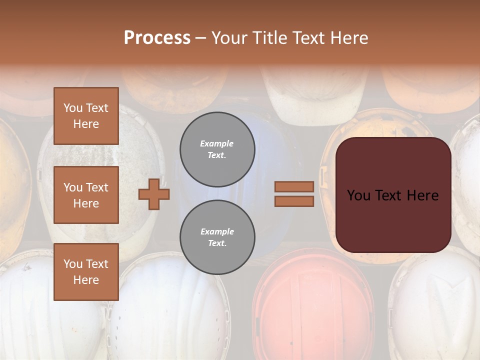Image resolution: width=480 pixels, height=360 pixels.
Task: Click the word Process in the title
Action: coord(157,37)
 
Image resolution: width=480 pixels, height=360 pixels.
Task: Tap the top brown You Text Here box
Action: coord(86,116)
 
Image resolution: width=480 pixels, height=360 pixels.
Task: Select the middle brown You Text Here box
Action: coord(86,195)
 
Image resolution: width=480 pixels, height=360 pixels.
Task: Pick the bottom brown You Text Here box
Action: coord(86,272)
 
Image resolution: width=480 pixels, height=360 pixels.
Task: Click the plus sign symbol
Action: coord(154,193)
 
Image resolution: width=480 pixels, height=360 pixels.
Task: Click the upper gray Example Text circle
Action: coord(217,149)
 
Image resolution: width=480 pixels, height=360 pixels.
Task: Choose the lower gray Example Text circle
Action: coord(217,237)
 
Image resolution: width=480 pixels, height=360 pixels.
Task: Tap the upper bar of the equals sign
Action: coord(294,186)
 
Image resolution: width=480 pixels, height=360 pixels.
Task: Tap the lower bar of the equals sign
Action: coord(294,201)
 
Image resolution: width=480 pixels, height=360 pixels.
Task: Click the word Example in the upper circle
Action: coord(217,143)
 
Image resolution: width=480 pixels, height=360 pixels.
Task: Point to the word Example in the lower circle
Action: coord(217,231)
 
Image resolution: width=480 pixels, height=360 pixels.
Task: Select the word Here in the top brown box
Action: coord(86,124)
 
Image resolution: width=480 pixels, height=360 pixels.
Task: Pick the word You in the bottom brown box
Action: coord(72,264)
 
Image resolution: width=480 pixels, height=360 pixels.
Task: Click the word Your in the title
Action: coord(229,37)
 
